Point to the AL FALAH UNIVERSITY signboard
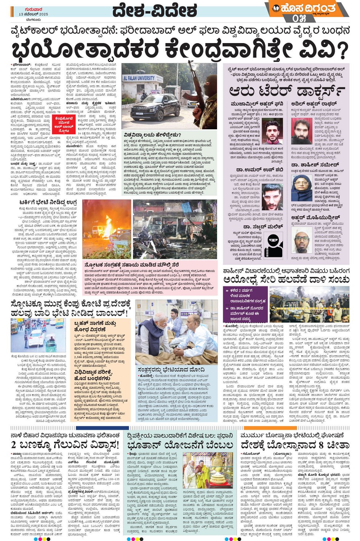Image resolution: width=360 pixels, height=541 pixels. point(139,78)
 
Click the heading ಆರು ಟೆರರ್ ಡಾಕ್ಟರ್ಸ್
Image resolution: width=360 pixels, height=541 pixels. point(287,92)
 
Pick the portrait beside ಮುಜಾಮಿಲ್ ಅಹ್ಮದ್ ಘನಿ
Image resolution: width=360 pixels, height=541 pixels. point(272,132)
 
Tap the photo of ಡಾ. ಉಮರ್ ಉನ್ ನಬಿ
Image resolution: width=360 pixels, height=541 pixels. point(272,196)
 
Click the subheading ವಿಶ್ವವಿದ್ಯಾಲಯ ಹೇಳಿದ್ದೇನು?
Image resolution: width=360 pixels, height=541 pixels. point(152,135)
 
